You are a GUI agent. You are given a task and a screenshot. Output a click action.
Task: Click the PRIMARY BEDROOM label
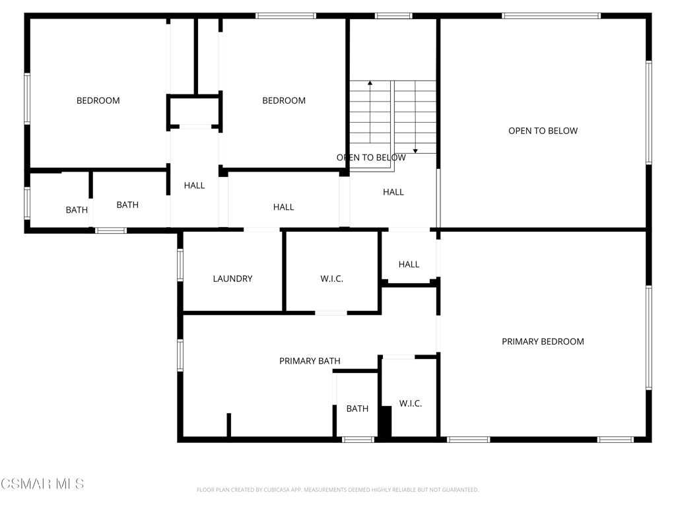(x=543, y=341)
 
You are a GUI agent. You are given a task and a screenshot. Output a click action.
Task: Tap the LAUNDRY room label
(x=232, y=279)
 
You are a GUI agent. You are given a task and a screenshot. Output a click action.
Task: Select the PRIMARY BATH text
(x=310, y=361)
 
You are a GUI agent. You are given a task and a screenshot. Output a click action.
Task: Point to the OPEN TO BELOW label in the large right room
(x=543, y=131)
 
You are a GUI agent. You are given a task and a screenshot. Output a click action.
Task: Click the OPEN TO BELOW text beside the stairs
(x=371, y=158)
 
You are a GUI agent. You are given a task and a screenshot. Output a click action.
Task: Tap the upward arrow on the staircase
(x=370, y=84)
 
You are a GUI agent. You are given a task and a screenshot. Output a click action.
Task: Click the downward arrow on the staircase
(x=415, y=151)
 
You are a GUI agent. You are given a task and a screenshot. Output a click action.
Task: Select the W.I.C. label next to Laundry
(x=331, y=279)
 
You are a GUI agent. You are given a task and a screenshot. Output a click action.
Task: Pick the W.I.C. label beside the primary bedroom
(x=411, y=403)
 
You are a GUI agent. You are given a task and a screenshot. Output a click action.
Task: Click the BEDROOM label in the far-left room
(x=98, y=100)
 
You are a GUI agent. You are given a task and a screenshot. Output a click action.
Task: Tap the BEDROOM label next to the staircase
(x=284, y=100)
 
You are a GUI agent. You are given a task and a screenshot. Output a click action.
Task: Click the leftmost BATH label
(x=77, y=210)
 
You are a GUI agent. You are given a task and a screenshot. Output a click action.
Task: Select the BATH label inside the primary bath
(x=357, y=409)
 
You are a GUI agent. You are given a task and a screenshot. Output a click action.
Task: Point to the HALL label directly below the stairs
(x=393, y=192)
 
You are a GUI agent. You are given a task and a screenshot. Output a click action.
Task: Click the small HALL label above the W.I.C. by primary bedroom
(x=409, y=264)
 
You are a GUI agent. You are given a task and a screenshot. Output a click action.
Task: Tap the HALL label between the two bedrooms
(x=194, y=186)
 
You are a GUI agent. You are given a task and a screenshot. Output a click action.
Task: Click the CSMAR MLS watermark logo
(x=42, y=484)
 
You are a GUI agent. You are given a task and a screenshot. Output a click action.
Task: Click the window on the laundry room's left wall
(x=180, y=265)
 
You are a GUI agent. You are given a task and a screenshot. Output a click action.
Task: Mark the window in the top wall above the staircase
(x=393, y=16)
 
